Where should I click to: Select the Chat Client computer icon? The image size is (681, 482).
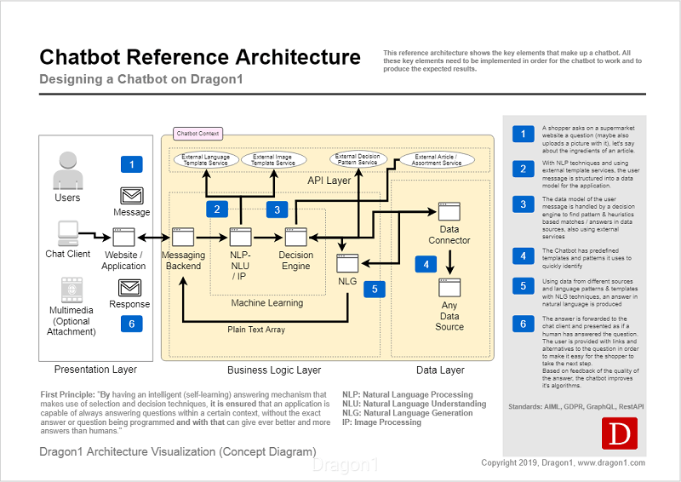pos(67,232)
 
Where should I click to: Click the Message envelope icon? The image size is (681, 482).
pos(131,195)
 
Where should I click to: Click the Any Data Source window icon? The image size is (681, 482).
pos(449,287)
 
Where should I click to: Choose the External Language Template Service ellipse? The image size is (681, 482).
pos(204,159)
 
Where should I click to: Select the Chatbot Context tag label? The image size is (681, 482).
pos(197,134)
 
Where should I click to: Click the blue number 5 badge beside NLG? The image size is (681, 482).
pos(375,289)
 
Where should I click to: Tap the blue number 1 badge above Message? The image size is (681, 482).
pos(131,164)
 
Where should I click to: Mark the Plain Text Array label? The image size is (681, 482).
pos(255,330)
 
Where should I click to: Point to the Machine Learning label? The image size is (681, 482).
pos(266,302)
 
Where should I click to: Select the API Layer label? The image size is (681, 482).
pos(329,181)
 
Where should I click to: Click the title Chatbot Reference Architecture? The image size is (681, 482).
pos(200,57)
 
